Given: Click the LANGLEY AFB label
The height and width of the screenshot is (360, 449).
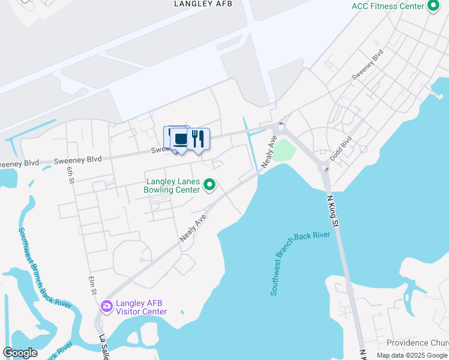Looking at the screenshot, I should pyautogui.click(x=203, y=4).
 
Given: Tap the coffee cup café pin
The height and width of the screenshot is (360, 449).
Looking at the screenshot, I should pyautogui.click(x=179, y=139).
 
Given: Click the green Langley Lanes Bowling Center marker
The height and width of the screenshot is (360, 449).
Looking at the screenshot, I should pyautogui.click(x=209, y=185).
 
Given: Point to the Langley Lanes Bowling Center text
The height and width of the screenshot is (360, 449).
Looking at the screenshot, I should pyautogui.click(x=172, y=185).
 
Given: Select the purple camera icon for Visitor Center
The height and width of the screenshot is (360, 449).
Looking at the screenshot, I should pyautogui.click(x=107, y=307).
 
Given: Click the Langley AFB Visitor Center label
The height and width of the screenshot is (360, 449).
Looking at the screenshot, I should pyautogui.click(x=142, y=307).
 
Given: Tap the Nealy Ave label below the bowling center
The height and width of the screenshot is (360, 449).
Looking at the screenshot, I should pyautogui.click(x=193, y=228).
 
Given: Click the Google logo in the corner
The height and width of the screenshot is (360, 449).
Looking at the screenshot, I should pyautogui.click(x=20, y=353).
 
